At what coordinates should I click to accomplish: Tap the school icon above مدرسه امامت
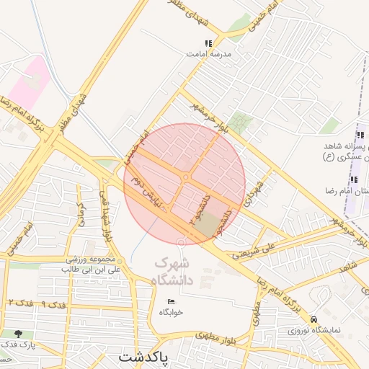click(209, 43)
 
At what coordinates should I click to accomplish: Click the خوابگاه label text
click(172, 312)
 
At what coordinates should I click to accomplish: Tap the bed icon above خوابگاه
click(171, 301)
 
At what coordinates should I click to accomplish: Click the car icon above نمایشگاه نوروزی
click(314, 319)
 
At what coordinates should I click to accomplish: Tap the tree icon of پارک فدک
click(18, 334)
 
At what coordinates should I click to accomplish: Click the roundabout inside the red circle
click(187, 177)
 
